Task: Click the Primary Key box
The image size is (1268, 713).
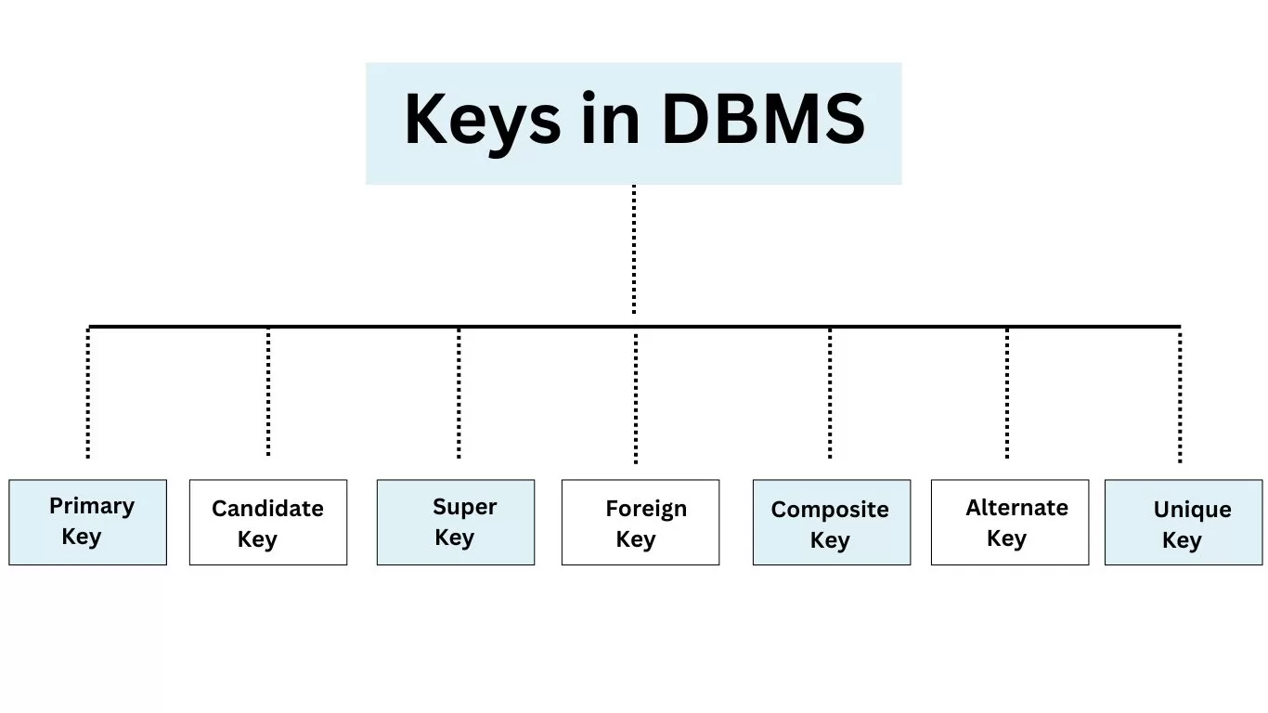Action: tap(88, 522)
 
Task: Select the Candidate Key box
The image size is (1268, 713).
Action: tap(268, 522)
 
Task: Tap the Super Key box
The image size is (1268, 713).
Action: tap(456, 522)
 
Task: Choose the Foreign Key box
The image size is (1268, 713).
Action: tap(640, 522)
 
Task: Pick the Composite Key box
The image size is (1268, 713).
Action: tap(832, 522)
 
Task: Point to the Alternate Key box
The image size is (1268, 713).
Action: tap(1010, 522)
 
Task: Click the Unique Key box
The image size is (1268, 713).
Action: tap(1184, 522)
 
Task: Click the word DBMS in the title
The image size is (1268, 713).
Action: tap(763, 119)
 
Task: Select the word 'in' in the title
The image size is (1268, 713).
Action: tap(610, 118)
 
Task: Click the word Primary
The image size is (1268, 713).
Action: tap(92, 507)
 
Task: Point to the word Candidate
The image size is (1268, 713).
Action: tap(267, 509)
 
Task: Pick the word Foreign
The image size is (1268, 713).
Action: tap(646, 510)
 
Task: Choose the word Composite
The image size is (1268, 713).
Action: tap(830, 511)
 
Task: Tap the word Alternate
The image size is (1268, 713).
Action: tap(1017, 508)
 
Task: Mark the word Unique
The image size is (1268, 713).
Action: tap(1193, 511)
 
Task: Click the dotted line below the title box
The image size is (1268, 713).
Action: tap(634, 249)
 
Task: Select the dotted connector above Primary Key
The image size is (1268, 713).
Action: tap(88, 393)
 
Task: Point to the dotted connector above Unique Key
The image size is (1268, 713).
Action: tap(1180, 396)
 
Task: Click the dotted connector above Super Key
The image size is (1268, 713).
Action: tap(459, 393)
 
